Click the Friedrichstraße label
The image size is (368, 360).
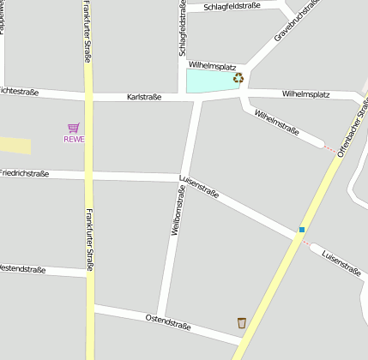(x=24, y=173)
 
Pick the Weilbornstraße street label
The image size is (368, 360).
(x=178, y=209)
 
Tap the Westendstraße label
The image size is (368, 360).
(x=22, y=269)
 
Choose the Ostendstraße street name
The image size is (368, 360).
(x=166, y=322)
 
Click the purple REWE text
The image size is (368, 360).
(x=74, y=140)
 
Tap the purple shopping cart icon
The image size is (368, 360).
(x=74, y=128)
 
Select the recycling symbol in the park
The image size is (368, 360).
(x=238, y=78)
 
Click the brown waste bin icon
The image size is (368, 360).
(x=242, y=323)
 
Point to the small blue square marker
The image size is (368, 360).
(x=302, y=229)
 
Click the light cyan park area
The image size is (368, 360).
(x=210, y=81)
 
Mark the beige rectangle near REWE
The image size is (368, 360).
(x=15, y=146)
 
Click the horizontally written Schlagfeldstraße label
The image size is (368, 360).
(x=233, y=7)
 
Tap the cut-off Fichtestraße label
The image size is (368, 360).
(x=19, y=90)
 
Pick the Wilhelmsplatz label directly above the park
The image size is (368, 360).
(x=211, y=64)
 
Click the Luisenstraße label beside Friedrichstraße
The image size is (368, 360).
(x=199, y=188)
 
